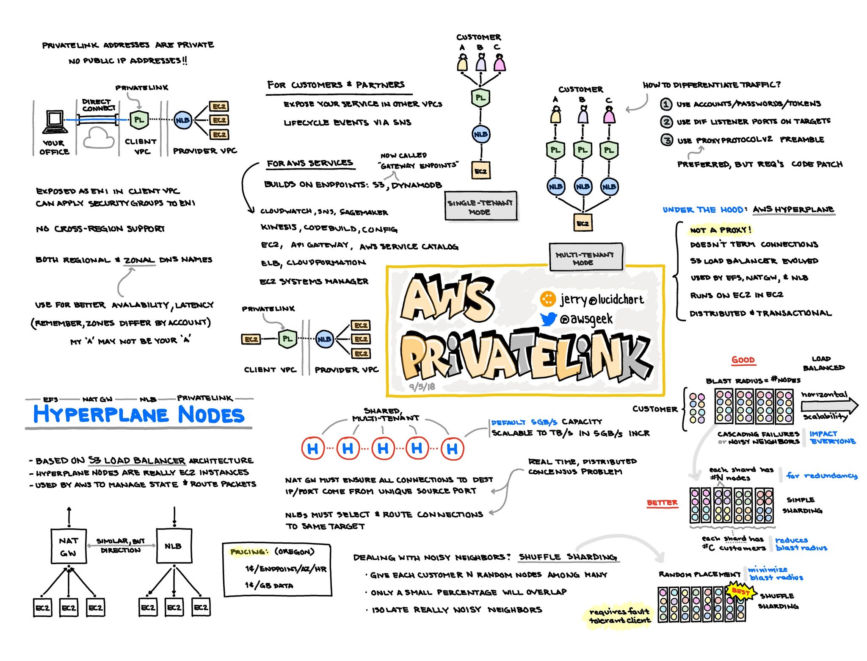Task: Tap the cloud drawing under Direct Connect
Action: point(99,138)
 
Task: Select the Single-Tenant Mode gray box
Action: point(481,206)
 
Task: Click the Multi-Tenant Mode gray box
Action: point(586,257)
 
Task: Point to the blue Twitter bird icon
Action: point(548,319)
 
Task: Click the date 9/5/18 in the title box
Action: point(422,386)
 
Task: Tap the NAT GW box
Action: point(69,546)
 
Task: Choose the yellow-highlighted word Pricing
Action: point(249,552)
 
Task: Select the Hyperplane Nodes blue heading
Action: point(139,414)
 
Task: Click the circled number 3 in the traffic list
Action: point(667,140)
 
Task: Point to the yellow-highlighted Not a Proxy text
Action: point(720,230)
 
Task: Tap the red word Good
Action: point(743,360)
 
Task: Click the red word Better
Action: point(662,503)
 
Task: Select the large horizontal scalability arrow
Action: point(829,405)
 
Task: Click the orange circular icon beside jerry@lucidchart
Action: point(547,299)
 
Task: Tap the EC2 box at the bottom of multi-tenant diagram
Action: point(583,223)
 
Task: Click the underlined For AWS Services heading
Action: point(310,163)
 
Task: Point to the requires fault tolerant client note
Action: point(619,616)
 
